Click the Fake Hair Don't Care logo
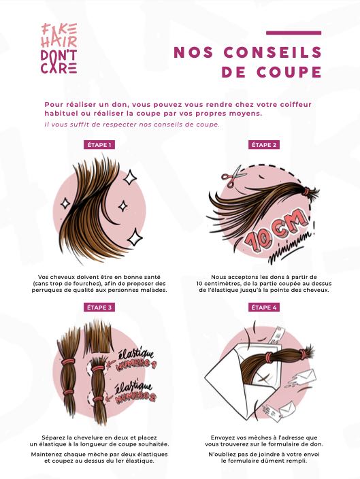pyautogui.click(x=59, y=48)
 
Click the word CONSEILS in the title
pyautogui.click(x=273, y=52)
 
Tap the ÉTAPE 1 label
pyautogui.click(x=99, y=145)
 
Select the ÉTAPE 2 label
pyautogui.click(x=264, y=145)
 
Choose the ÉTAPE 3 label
pyautogui.click(x=99, y=308)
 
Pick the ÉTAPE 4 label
pyautogui.click(x=264, y=308)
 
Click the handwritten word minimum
pyautogui.click(x=291, y=248)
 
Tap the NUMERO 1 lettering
pyautogui.click(x=136, y=364)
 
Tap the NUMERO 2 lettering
pyautogui.click(x=135, y=397)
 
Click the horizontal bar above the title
pyautogui.click(x=294, y=33)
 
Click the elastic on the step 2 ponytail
pyautogui.click(x=306, y=192)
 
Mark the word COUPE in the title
pyautogui.click(x=289, y=72)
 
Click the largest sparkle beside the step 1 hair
pyautogui.click(x=135, y=237)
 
